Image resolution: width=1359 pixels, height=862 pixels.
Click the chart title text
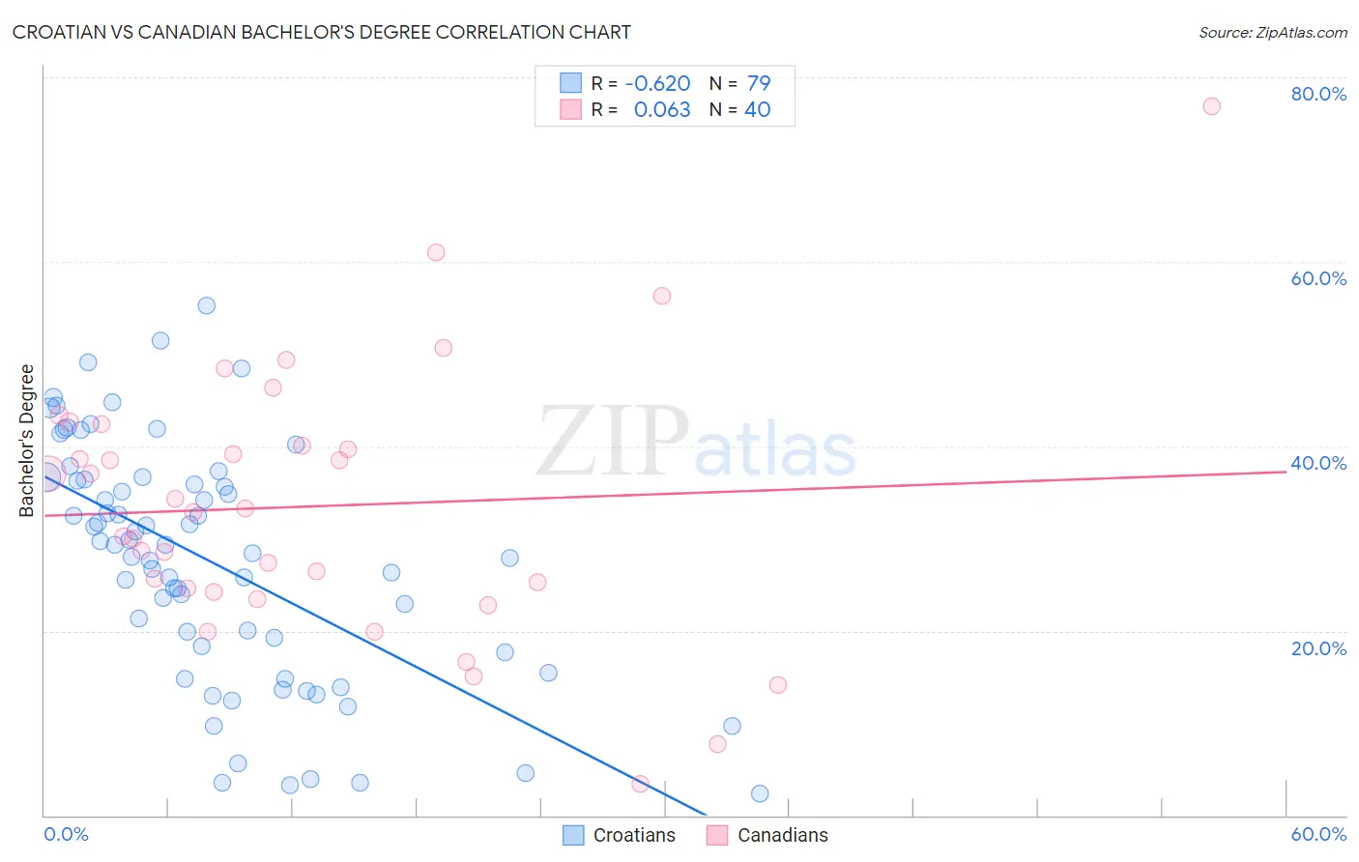click(322, 32)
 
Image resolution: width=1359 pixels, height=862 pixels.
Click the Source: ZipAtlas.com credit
click(1272, 32)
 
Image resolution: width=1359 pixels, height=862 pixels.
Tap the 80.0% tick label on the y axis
click(1318, 94)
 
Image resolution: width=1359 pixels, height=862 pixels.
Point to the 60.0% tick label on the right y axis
click(1318, 278)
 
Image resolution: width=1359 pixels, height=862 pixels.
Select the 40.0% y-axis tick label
click(1318, 463)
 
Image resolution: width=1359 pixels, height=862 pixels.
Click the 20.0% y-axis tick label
click(1318, 647)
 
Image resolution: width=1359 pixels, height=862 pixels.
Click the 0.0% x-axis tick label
click(66, 834)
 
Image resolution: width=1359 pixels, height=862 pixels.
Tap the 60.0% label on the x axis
click(1318, 834)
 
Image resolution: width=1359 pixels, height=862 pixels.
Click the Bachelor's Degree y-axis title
click(27, 441)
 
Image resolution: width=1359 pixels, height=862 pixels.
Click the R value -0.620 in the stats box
click(657, 83)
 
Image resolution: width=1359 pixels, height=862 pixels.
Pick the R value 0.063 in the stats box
click(662, 110)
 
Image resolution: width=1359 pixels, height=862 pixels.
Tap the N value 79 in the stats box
click(759, 83)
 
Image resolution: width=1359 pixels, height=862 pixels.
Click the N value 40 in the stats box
click(757, 110)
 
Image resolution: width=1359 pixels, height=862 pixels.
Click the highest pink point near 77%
click(1211, 106)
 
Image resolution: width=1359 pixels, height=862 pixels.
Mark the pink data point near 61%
click(436, 252)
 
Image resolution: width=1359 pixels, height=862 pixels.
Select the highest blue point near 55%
click(206, 305)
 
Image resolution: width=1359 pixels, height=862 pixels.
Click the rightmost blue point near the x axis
click(760, 793)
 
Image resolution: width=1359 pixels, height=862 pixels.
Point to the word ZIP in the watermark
click(612, 442)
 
